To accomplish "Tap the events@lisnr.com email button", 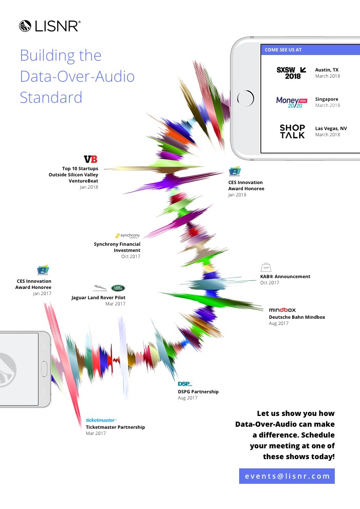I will point(287,476).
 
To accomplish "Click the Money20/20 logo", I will point(291,102).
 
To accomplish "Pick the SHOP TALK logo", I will point(292,131).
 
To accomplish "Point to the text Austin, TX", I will point(327,69).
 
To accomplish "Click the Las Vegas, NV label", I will point(331,128).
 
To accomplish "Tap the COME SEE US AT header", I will point(283,50).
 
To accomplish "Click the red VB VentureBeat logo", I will point(91,160).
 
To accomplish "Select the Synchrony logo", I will point(128,235).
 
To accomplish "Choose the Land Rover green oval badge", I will point(118,288).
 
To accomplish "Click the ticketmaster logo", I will point(101,420).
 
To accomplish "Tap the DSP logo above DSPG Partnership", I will point(185,384).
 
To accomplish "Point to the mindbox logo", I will point(282,310).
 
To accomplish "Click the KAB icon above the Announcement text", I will point(266,267).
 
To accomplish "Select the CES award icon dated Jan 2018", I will point(235,172).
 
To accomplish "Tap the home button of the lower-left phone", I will point(44,369).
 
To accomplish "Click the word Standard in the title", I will point(51,97).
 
